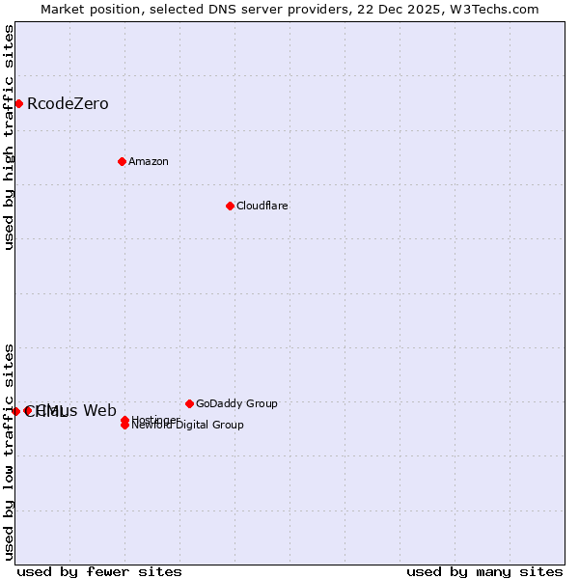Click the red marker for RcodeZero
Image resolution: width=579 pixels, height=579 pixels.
point(18,103)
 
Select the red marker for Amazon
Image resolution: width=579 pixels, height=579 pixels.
point(122,161)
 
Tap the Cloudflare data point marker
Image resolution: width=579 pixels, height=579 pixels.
point(230,206)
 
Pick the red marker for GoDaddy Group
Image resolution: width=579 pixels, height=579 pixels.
point(189,403)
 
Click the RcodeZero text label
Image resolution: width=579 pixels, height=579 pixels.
point(68,104)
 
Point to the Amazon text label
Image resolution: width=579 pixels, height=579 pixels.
point(149,161)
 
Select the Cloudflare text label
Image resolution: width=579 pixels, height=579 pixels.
point(262,206)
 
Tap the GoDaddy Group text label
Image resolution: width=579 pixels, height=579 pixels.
point(236,403)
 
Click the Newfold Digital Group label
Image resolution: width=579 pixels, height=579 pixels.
point(188,426)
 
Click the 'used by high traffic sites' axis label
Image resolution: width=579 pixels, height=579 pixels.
point(10,137)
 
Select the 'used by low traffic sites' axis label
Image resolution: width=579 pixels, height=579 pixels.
point(10,452)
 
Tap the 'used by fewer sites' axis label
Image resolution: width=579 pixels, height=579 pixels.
point(99,571)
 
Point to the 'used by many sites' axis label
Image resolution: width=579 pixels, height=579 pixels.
point(484,571)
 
